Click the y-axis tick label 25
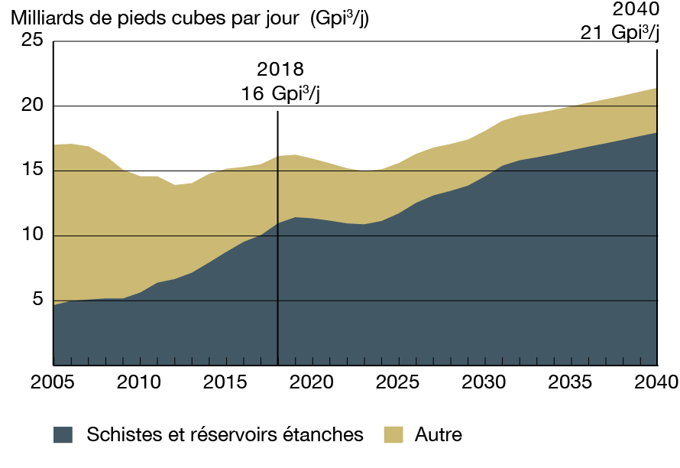click(x=31, y=42)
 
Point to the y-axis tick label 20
click(x=31, y=106)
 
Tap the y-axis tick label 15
click(x=31, y=171)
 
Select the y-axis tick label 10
click(x=31, y=236)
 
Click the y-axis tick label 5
click(x=37, y=300)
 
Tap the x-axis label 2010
click(x=139, y=382)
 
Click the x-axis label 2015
click(x=225, y=382)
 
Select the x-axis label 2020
click(x=312, y=382)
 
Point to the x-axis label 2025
click(x=398, y=382)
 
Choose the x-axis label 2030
click(x=484, y=382)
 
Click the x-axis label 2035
click(x=571, y=382)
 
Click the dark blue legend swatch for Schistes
click(x=63, y=435)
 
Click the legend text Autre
click(x=439, y=435)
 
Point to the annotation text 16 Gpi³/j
click(x=277, y=94)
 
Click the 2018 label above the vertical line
click(x=277, y=70)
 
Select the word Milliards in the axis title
click(x=44, y=18)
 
